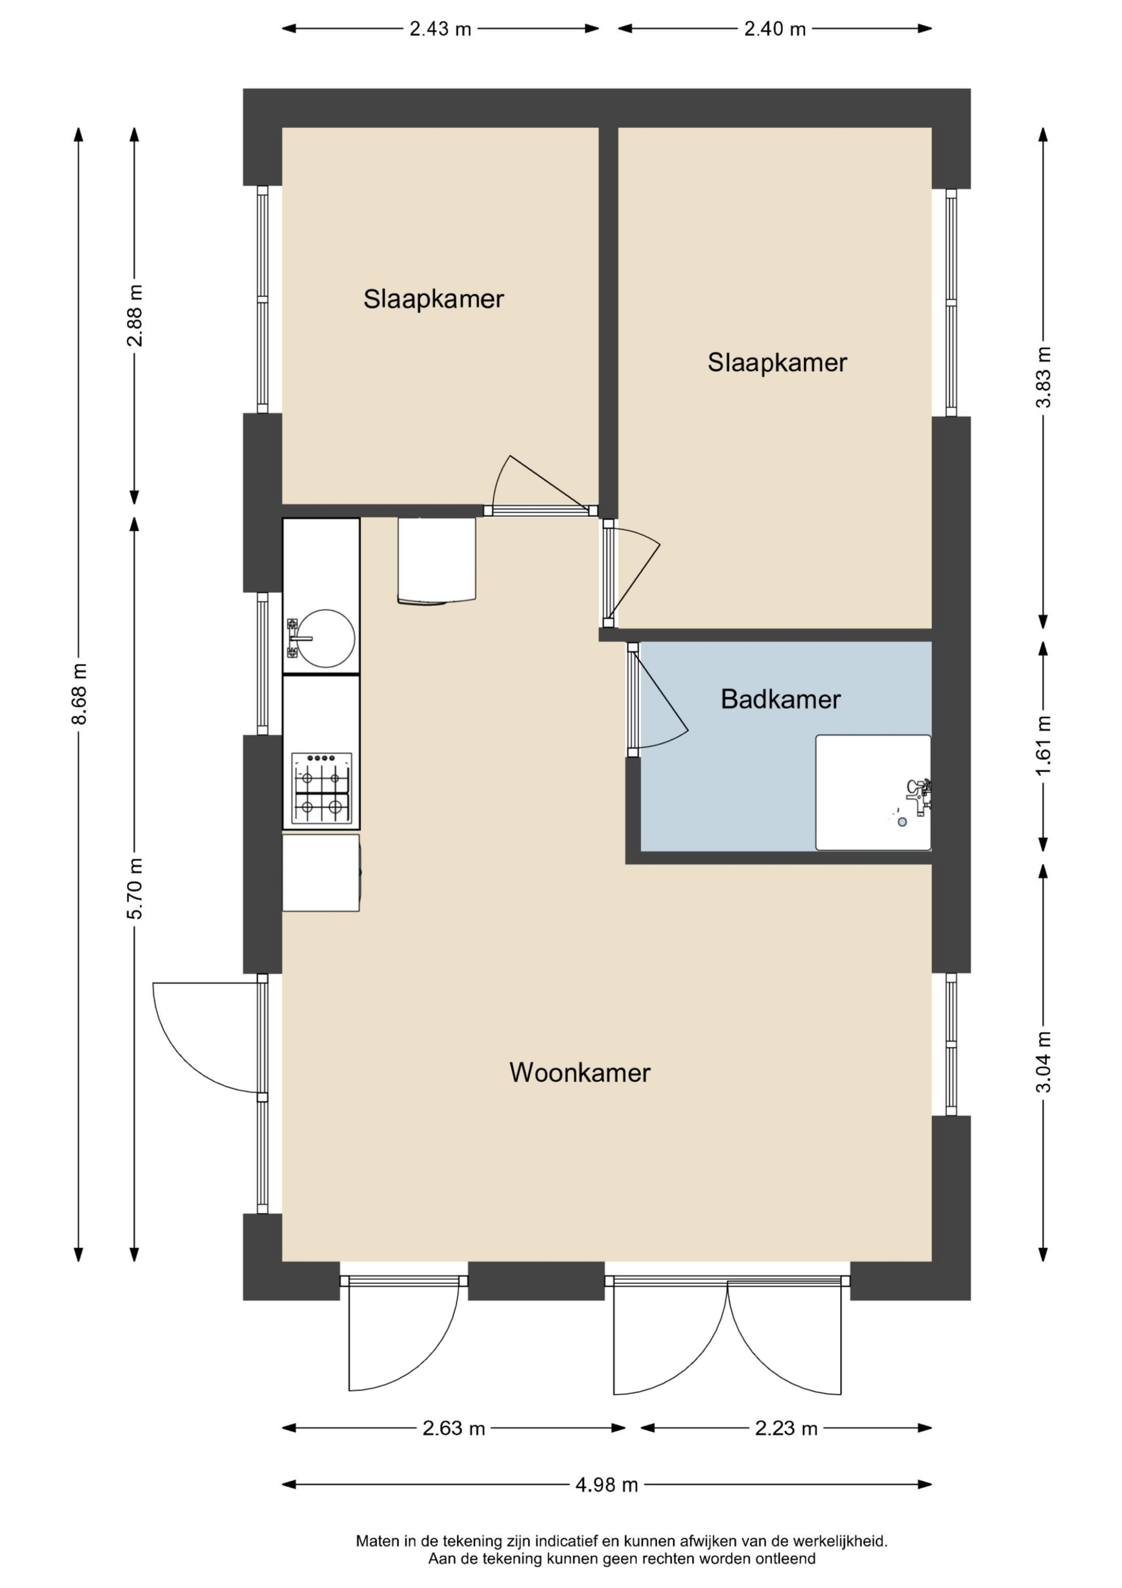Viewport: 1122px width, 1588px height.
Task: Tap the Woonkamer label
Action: coord(580,1073)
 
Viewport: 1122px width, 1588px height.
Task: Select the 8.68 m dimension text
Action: coord(79,694)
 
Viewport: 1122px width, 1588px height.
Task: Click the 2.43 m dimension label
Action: coord(440,29)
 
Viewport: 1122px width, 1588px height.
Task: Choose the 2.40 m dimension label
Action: coord(775,29)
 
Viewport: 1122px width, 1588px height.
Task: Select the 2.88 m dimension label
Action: coord(135,316)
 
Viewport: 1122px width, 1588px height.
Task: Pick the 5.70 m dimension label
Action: coord(135,889)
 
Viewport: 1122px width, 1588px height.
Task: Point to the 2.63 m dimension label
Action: coord(453,1428)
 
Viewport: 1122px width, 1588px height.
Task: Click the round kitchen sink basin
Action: coord(326,638)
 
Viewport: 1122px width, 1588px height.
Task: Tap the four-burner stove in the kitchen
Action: coord(322,789)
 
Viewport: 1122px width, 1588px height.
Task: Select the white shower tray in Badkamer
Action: coord(873,792)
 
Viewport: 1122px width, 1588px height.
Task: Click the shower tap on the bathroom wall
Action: coord(919,795)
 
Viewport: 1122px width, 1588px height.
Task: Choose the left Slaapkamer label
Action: coord(433,299)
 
